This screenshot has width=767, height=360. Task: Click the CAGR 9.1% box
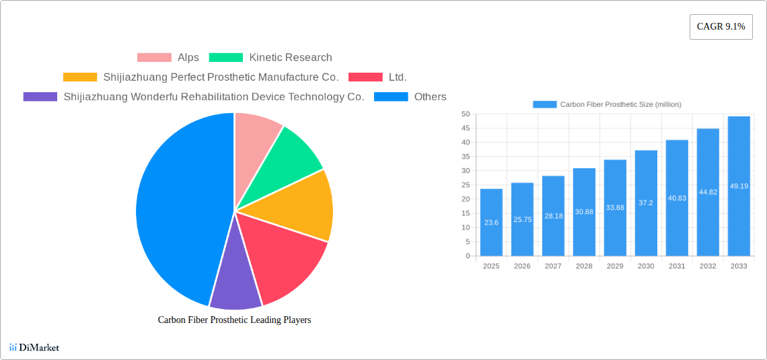(x=721, y=27)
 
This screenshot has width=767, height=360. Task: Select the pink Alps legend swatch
(x=154, y=58)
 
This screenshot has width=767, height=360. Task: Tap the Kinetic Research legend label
(x=290, y=58)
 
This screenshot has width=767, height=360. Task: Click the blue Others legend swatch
(x=391, y=97)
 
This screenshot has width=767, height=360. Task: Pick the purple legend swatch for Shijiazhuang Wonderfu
(x=40, y=97)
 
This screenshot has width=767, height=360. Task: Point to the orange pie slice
(x=303, y=205)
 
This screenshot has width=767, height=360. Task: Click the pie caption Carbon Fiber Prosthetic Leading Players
(x=234, y=320)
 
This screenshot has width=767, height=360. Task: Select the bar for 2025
(x=491, y=222)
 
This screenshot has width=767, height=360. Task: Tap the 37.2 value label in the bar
(x=646, y=203)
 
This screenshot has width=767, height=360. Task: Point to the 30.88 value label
(x=584, y=212)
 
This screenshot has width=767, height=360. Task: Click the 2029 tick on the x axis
(x=615, y=266)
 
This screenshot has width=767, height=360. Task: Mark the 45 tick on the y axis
(x=466, y=128)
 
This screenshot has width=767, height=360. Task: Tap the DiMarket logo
(x=34, y=347)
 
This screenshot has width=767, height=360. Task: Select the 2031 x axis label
(x=677, y=266)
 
